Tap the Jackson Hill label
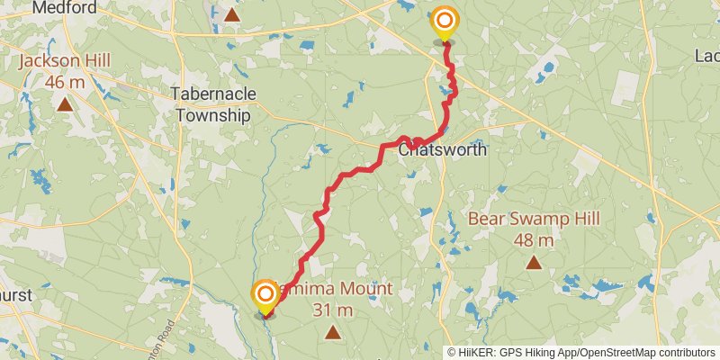pos(65,60)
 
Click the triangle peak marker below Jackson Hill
pos(65,104)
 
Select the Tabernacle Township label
pos(215,104)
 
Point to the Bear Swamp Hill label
pos(533,219)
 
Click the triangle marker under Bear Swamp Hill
pos(534,263)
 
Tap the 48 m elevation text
pos(533,240)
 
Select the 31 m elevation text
pos(333,310)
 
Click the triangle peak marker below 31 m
pos(333,333)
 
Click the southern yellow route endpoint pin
pos(265,296)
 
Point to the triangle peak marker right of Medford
pos(232,14)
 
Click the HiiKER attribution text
pos(473,352)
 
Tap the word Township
pos(215,115)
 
